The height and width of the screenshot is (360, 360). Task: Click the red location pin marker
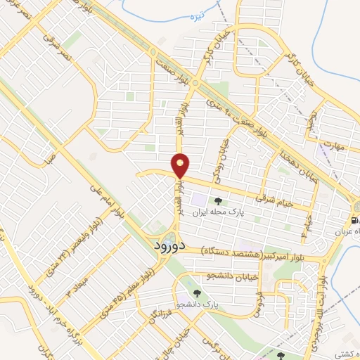click(181, 165)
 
